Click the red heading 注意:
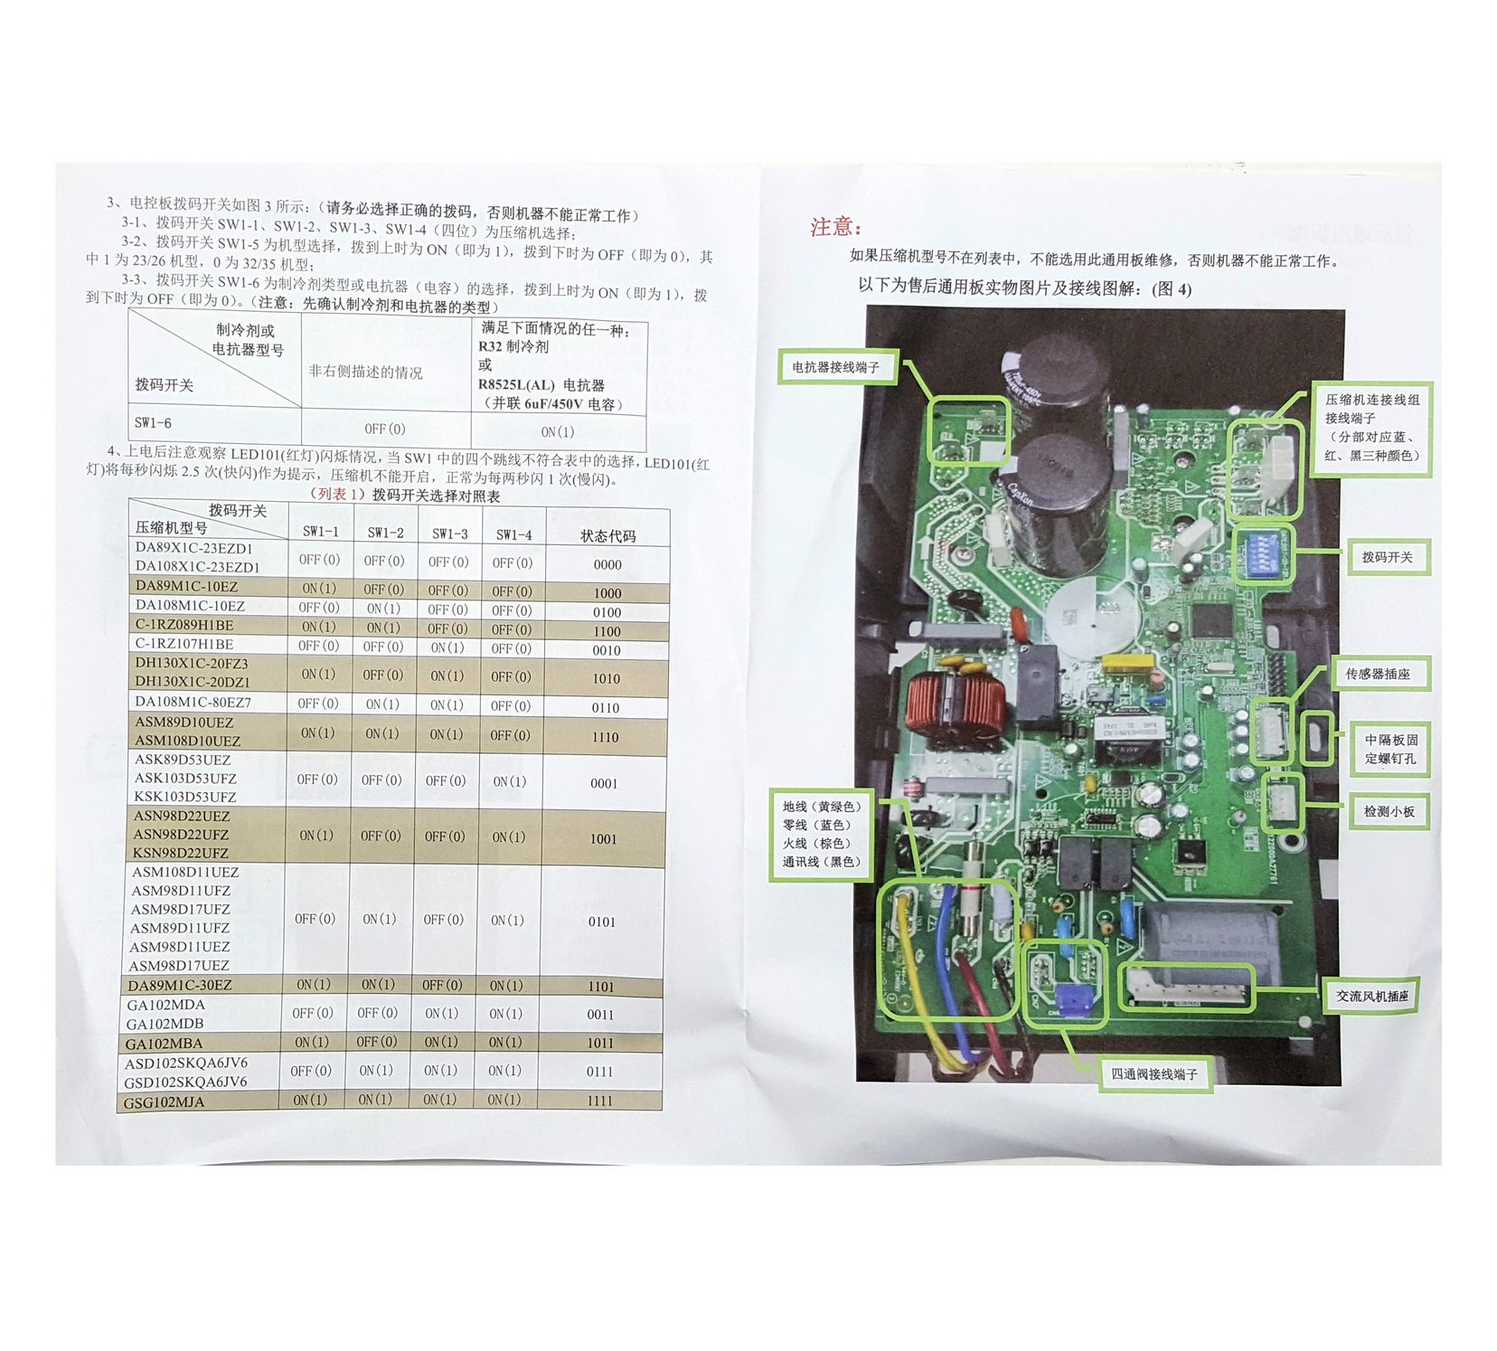point(835,227)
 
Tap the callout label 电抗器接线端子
point(835,367)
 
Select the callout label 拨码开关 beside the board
point(1387,557)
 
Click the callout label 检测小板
point(1389,812)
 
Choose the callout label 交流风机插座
point(1372,996)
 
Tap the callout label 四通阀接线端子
point(1153,1074)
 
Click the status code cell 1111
point(599,1101)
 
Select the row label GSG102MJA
point(165,1102)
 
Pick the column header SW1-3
point(449,534)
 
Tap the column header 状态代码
point(607,535)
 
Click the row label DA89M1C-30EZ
point(180,985)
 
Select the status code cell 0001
point(603,783)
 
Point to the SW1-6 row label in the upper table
point(153,423)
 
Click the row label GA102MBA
point(165,1044)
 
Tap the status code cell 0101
point(601,921)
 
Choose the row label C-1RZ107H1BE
point(184,645)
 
